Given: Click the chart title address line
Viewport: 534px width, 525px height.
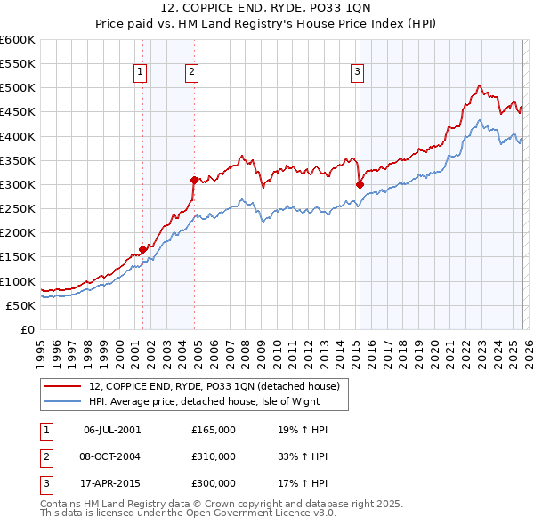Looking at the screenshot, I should click(x=267, y=8).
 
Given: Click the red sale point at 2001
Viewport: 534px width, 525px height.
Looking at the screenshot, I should click(x=142, y=250).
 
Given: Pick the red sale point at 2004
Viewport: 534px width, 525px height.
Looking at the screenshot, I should click(x=193, y=180).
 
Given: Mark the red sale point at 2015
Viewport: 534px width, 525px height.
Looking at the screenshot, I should click(x=360, y=185).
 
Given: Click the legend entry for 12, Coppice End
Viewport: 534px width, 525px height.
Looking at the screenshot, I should click(x=214, y=386).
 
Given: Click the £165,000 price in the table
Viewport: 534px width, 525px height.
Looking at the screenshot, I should click(x=214, y=430).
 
